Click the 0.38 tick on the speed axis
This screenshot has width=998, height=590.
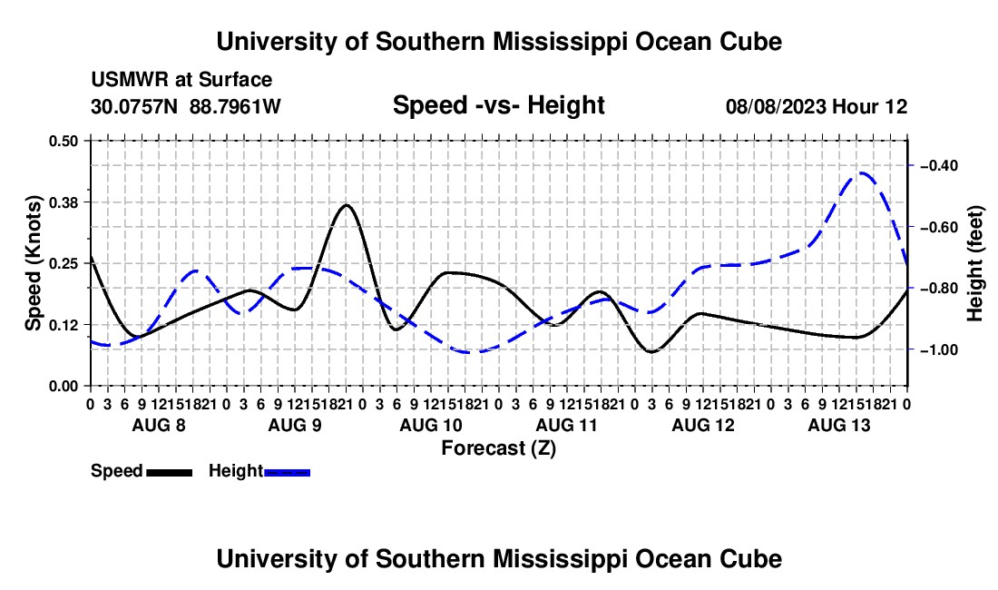(89, 202)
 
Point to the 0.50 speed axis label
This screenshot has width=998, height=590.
(64, 141)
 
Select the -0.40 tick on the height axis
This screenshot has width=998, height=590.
(912, 165)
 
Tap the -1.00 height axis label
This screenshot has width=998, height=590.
(939, 350)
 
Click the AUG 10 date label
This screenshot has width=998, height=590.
(431, 425)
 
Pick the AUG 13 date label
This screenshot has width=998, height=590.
(839, 425)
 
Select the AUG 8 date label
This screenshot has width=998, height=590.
(159, 425)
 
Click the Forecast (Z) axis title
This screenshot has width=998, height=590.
(498, 448)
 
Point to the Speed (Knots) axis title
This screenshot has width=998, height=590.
(33, 263)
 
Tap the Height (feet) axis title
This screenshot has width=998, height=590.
(975, 263)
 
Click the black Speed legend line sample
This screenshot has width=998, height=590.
(170, 472)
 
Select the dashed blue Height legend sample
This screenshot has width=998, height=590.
(287, 472)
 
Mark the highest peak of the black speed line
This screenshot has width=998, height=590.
(347, 205)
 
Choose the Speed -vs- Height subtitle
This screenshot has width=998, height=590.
(498, 105)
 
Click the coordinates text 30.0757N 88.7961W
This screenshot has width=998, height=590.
(186, 106)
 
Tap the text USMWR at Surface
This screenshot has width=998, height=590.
(181, 80)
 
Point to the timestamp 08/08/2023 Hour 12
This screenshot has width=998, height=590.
(817, 106)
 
